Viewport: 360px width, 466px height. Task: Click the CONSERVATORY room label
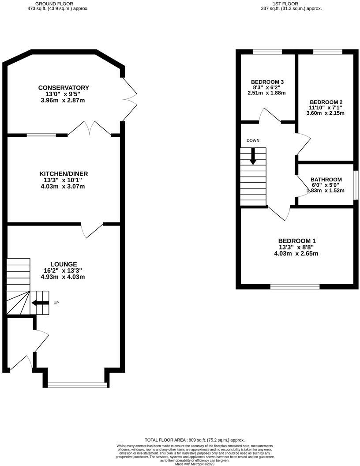pyautogui.click(x=64, y=88)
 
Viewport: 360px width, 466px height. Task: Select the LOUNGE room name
pyautogui.click(x=64, y=264)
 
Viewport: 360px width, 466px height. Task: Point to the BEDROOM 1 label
pyautogui.click(x=297, y=241)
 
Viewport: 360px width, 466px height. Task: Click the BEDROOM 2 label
pyautogui.click(x=326, y=101)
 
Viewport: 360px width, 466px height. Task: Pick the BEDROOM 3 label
pyautogui.click(x=267, y=82)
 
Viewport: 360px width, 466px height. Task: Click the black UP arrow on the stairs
pyautogui.click(x=40, y=303)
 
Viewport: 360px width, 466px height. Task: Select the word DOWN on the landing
pyautogui.click(x=253, y=140)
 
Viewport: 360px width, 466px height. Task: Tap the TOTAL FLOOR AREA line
pyautogui.click(x=194, y=440)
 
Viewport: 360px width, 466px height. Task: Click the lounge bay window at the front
pyautogui.click(x=77, y=385)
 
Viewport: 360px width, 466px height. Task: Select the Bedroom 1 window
pyautogui.click(x=295, y=287)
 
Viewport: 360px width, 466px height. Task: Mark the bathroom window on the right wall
pyautogui.click(x=356, y=184)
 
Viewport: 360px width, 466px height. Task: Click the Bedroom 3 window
pyautogui.click(x=267, y=52)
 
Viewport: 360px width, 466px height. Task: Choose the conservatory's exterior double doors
pyautogui.click(x=129, y=94)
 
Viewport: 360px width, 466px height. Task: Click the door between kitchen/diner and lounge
pyautogui.click(x=91, y=229)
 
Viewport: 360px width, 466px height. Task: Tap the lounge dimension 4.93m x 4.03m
pyautogui.click(x=64, y=277)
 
